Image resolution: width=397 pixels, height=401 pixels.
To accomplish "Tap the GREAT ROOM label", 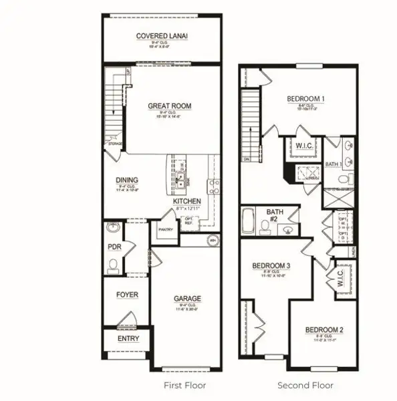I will (x=169, y=106).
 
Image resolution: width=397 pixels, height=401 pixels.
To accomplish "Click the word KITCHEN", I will (x=186, y=201).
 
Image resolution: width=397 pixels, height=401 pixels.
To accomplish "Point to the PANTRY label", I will (x=166, y=229).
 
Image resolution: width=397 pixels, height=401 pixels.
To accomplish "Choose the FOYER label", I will (x=127, y=294).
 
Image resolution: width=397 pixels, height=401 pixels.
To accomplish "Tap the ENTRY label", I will (x=128, y=338).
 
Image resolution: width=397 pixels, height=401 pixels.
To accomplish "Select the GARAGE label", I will (x=187, y=299).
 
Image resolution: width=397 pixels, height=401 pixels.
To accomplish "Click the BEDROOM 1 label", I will (x=305, y=99).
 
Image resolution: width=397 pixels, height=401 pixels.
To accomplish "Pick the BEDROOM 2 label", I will (x=324, y=329).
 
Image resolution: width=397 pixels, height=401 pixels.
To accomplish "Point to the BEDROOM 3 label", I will (x=271, y=266).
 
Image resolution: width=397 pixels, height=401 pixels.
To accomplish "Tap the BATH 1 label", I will (x=334, y=163).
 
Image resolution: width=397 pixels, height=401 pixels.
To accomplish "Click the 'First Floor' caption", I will (x=185, y=386).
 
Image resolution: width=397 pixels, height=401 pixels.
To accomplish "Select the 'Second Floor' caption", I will (x=305, y=386).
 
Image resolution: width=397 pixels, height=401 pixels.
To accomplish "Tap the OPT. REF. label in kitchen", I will (x=189, y=221).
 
